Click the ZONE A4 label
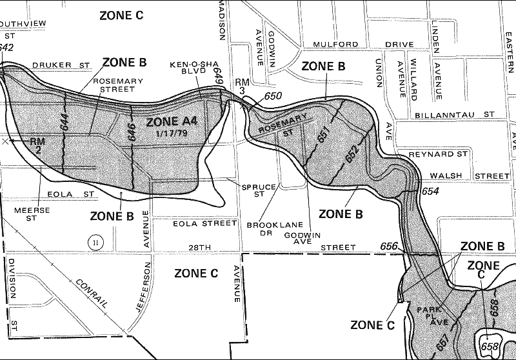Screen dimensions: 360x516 172,123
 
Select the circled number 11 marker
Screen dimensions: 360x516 95,242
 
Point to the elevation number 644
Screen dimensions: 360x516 64,122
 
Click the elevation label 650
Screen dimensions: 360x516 273,96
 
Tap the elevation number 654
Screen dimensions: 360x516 430,192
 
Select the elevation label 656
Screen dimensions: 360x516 389,246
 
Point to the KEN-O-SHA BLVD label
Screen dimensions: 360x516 188,68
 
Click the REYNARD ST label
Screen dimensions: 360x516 438,155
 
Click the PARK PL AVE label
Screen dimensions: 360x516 430,315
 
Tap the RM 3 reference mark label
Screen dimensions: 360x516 242,86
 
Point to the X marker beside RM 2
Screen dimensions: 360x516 6,140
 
